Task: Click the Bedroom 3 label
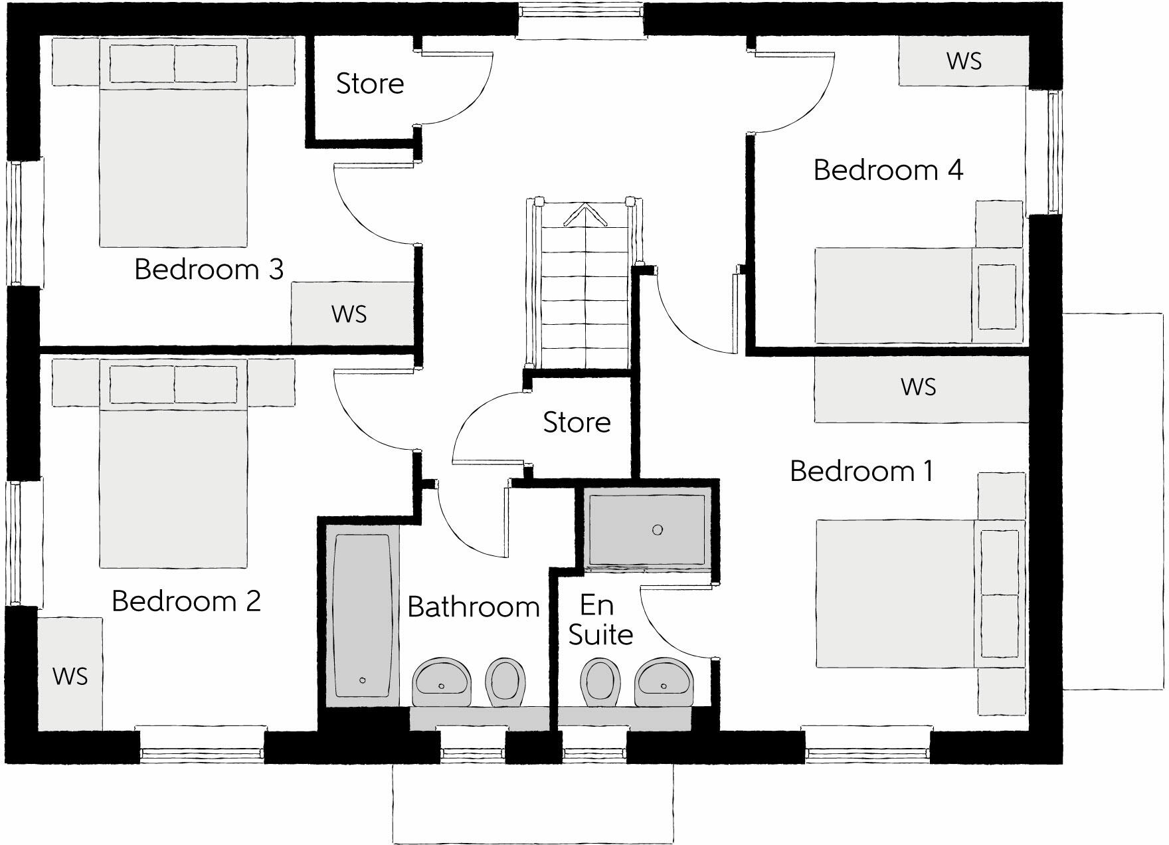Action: (209, 270)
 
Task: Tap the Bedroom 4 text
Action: (888, 170)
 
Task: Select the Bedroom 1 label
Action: (861, 471)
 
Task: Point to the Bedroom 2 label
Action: (186, 601)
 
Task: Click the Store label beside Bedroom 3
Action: (370, 84)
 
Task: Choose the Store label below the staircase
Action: (577, 423)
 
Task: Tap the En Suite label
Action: (600, 620)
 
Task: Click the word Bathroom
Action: (474, 607)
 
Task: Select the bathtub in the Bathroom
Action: (362, 616)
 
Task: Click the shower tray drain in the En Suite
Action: (658, 529)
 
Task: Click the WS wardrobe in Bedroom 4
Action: (964, 61)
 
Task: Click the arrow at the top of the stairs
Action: (585, 215)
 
